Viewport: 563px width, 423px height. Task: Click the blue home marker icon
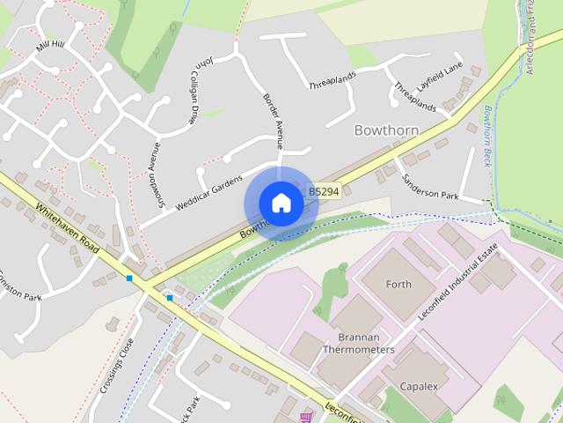coord(281,204)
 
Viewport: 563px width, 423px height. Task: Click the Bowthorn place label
coord(386,130)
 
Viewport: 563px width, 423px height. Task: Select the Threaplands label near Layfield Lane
coord(415,98)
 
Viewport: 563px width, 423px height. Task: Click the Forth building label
coord(398,284)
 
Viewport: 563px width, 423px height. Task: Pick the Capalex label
coord(419,386)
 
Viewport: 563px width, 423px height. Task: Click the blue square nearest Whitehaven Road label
coord(129,278)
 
